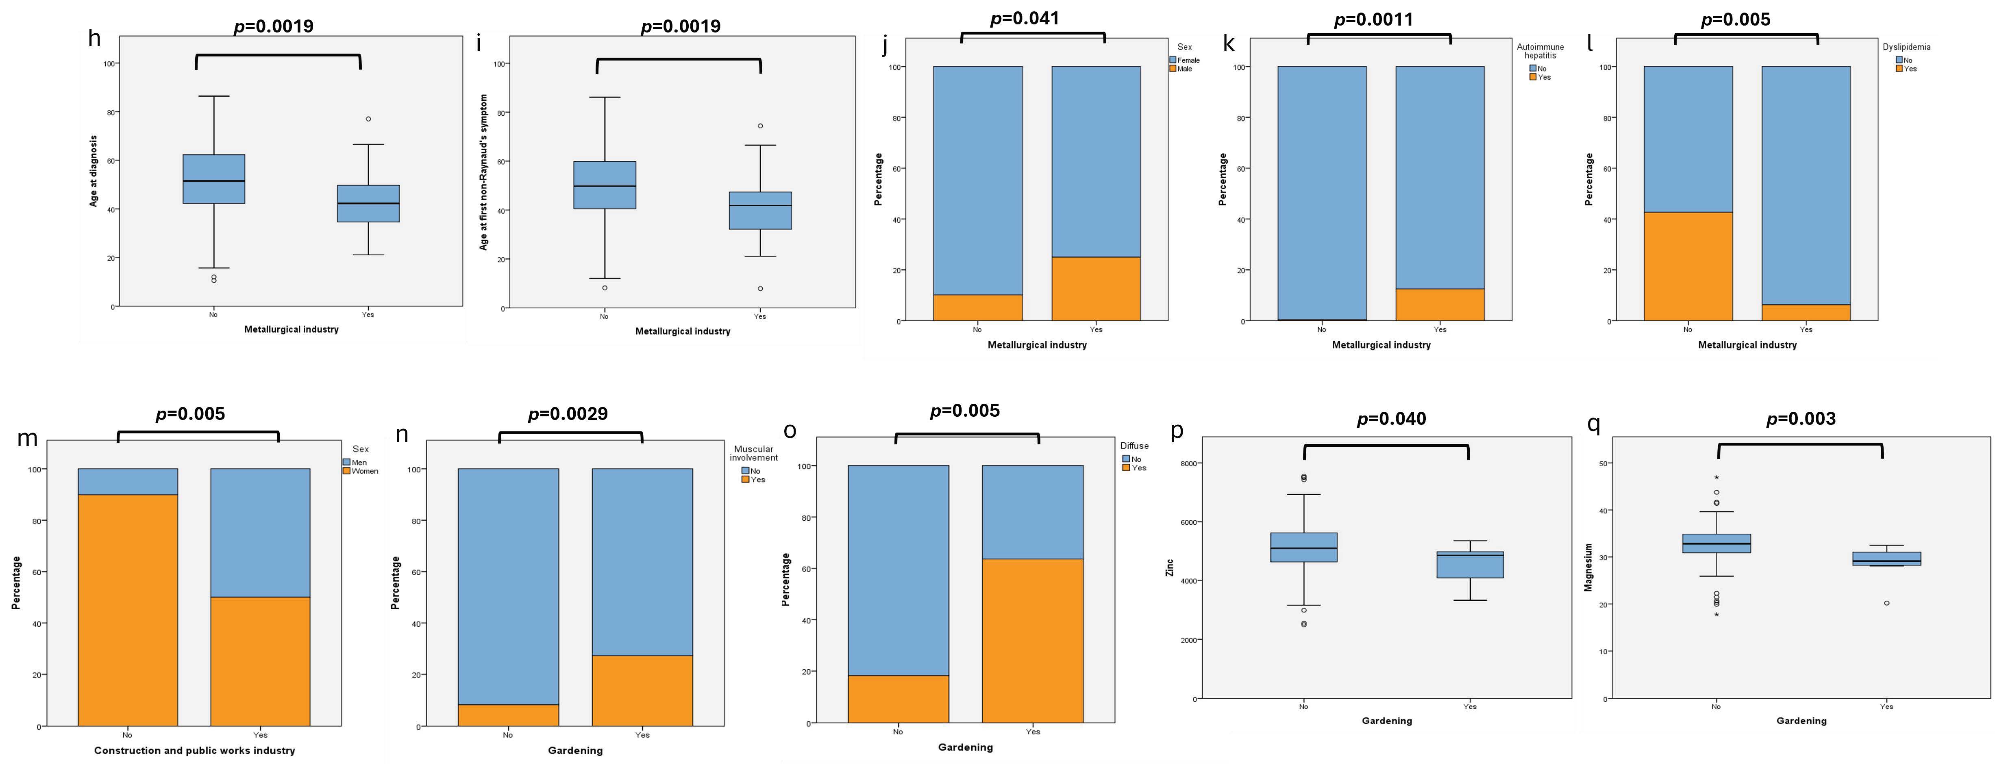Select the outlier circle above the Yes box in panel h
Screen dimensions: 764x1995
click(x=369, y=119)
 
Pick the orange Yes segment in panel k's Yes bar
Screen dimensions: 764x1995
click(x=1440, y=305)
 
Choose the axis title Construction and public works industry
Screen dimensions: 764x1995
click(x=194, y=750)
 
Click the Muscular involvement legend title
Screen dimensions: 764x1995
click(x=753, y=453)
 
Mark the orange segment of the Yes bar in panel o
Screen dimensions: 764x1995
click(x=1032, y=641)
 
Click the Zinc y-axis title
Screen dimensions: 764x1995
click(x=1169, y=567)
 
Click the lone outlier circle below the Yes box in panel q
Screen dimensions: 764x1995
click(x=1886, y=603)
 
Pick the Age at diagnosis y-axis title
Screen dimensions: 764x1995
click(x=94, y=171)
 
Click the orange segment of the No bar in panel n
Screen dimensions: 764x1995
click(x=508, y=715)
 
